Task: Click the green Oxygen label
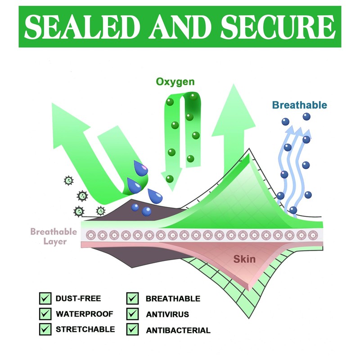tap(175, 82)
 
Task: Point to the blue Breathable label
tap(299, 105)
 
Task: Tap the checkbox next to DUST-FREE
tap(45, 298)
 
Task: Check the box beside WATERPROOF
tap(45, 314)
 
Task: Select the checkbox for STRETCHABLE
tap(45, 329)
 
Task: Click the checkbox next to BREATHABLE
tap(132, 298)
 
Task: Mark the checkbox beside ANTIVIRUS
tap(132, 314)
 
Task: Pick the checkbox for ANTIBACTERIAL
tap(132, 329)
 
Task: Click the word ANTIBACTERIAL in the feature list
tap(178, 330)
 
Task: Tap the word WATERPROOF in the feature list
tap(84, 314)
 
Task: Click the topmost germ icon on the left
tap(68, 180)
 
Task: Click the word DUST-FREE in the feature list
tap(78, 298)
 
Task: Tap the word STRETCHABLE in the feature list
tap(85, 329)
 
